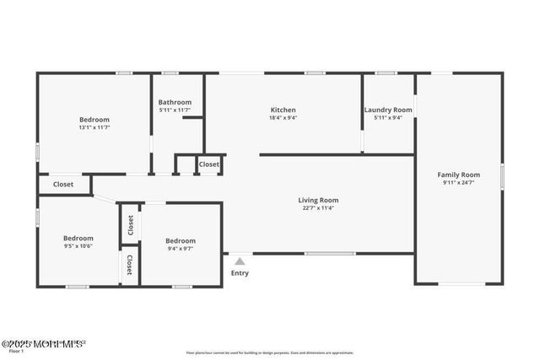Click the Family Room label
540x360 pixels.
458,175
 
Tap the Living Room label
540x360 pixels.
318,200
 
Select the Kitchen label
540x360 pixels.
283,110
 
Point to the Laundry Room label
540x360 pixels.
388,110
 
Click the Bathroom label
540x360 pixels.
175,102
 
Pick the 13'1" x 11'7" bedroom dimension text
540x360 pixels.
94,128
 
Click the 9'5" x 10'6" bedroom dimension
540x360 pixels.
78,246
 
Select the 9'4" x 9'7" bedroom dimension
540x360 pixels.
181,249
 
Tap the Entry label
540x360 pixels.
240,273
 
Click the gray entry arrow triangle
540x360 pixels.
240,261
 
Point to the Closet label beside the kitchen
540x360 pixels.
209,164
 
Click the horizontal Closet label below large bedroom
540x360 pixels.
63,184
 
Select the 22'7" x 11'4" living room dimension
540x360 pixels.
318,208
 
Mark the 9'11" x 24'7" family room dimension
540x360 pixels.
458,183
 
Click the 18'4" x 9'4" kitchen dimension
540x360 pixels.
283,118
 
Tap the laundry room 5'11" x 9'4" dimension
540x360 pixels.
388,118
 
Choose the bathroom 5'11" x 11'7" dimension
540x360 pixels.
175,110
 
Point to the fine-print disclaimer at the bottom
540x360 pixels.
270,352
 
